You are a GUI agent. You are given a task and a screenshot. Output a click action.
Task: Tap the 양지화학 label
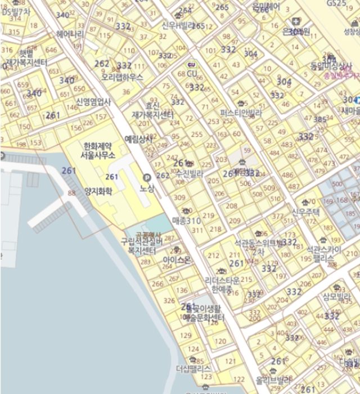[98, 191]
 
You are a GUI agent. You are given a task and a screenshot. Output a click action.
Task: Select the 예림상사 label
[138, 138]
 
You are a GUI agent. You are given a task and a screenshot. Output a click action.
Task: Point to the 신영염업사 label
[93, 102]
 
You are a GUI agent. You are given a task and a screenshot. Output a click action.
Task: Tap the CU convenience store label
[192, 73]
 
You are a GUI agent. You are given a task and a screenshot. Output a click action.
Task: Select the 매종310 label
[187, 220]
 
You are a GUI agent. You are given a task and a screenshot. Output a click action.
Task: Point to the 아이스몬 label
[177, 260]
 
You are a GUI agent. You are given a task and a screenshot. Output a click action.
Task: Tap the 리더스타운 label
[222, 280]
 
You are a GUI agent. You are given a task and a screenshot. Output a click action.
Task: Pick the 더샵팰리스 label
[193, 369]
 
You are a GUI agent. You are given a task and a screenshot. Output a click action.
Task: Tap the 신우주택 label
[305, 212]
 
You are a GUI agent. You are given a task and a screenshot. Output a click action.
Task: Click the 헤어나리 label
[70, 34]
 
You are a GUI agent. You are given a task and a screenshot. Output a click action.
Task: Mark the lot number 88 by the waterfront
[71, 193]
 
